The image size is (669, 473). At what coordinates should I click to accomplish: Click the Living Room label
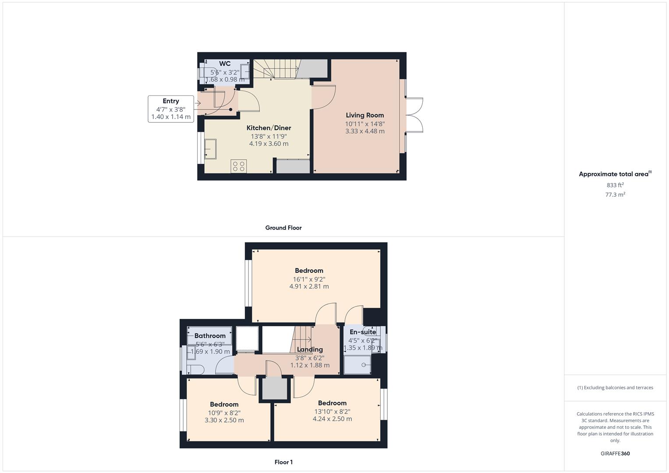(x=365, y=115)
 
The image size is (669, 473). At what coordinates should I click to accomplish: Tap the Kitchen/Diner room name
(x=269, y=128)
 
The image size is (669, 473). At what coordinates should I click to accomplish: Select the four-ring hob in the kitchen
(x=239, y=166)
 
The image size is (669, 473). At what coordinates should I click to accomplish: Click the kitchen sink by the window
(x=210, y=148)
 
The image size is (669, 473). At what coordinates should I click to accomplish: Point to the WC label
(x=225, y=64)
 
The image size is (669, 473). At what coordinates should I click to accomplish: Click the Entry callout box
(x=171, y=109)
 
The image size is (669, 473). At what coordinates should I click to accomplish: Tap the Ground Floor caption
(x=283, y=228)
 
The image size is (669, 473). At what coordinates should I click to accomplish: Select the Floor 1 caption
(x=283, y=462)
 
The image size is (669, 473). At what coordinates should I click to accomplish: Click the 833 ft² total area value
(x=615, y=185)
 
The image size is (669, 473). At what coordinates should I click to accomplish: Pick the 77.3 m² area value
(x=615, y=194)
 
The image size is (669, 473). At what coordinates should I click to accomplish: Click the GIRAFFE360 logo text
(x=615, y=453)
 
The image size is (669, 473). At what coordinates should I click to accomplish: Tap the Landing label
(x=310, y=349)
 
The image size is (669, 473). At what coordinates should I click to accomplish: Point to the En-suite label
(x=363, y=332)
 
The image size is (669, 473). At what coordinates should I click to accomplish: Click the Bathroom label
(x=210, y=336)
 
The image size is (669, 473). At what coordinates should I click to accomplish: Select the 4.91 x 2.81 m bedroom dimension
(x=309, y=286)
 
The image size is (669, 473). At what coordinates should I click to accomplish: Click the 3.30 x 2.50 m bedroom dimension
(x=224, y=420)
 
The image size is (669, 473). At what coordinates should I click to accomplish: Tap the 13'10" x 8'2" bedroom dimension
(x=332, y=411)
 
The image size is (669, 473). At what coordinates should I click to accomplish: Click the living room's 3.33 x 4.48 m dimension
(x=365, y=131)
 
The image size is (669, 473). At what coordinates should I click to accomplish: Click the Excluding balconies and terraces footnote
(x=615, y=388)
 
